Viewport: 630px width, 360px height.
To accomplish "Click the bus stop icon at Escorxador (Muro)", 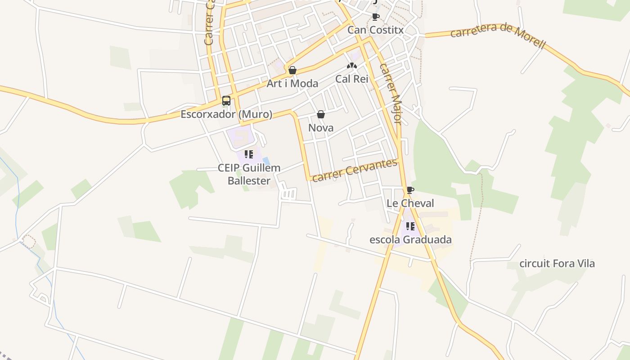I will (226, 100).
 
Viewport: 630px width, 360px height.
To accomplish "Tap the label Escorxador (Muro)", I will (226, 114).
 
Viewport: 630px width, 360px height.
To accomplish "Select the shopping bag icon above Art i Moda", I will (292, 70).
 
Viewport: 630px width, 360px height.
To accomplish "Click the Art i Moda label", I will (292, 83).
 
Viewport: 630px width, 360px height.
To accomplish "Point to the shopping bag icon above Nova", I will (321, 114).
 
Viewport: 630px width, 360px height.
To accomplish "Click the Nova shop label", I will (321, 128).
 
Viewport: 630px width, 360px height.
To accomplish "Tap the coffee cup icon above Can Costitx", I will (376, 17).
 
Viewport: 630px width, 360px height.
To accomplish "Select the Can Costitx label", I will (376, 30).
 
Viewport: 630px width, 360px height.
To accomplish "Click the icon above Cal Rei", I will (352, 66).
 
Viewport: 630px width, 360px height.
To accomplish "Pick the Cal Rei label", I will (352, 79).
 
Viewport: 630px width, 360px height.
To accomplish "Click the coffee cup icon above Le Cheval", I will (410, 190).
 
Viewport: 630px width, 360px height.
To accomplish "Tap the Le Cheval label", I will (410, 203).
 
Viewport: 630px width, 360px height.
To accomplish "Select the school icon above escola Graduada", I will (410, 226).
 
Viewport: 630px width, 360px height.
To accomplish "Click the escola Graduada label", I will (410, 239).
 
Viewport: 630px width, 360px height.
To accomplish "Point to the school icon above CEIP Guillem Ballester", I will (249, 154).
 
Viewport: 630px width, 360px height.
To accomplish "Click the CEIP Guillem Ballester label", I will (249, 174).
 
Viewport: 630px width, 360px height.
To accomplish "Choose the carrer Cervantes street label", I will (355, 170).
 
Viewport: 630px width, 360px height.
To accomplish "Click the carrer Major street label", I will (390, 93).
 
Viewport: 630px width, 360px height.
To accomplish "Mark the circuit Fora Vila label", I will (557, 263).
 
